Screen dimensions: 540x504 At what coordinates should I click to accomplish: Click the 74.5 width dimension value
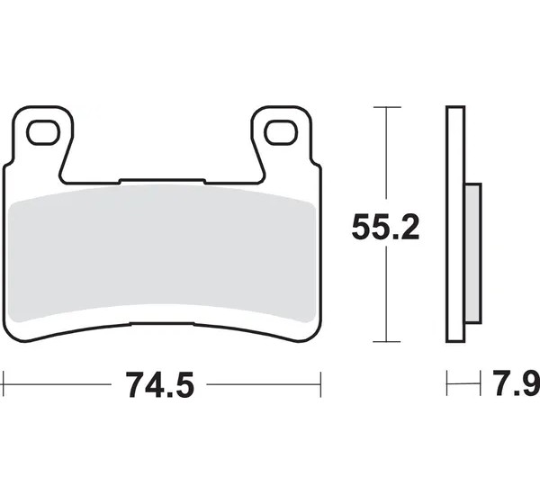tap(160, 385)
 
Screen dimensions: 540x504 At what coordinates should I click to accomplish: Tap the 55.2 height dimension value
tap(385, 227)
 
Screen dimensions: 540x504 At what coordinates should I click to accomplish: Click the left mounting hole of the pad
tap(43, 132)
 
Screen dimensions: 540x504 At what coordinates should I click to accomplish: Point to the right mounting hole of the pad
tap(281, 132)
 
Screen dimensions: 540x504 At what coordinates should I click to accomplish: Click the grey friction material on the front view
tap(161, 254)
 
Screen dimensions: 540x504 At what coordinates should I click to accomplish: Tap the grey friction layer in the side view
tap(473, 253)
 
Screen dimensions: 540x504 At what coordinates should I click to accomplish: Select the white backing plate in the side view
tap(455, 224)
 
